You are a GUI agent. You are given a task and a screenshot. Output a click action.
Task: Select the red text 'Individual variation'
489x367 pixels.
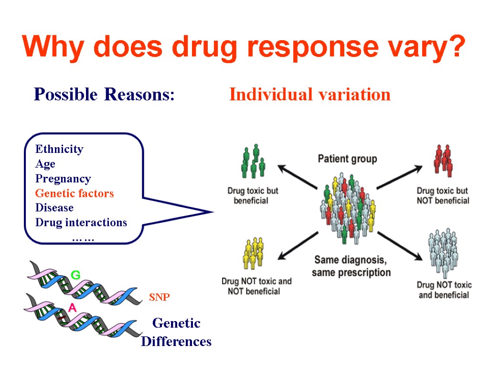point(309,95)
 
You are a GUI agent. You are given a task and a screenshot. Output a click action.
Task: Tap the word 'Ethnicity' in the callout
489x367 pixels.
point(59,149)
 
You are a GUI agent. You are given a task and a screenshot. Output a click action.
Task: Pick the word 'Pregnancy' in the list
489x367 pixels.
point(63,179)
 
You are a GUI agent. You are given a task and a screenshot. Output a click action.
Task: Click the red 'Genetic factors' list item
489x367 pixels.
point(74,194)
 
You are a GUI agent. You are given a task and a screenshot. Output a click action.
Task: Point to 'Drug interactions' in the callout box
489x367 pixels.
point(81,223)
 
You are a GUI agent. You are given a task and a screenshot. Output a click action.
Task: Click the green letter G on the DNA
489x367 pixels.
point(75,275)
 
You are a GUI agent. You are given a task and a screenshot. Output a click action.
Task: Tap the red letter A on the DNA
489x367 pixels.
point(72,309)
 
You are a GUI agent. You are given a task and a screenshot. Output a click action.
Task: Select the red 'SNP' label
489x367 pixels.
point(159,297)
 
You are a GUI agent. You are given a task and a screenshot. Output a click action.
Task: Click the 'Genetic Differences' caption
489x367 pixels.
point(176,333)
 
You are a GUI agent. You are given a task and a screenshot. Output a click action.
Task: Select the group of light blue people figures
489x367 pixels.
point(443,252)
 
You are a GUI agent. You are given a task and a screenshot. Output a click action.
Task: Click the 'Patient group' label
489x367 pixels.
point(347,159)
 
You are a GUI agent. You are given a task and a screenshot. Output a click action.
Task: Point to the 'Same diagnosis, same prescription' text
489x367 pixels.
point(351,267)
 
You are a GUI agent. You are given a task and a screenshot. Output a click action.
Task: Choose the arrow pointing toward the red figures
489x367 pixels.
point(399,177)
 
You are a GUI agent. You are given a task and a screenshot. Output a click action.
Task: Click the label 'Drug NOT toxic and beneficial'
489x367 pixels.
point(444,290)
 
